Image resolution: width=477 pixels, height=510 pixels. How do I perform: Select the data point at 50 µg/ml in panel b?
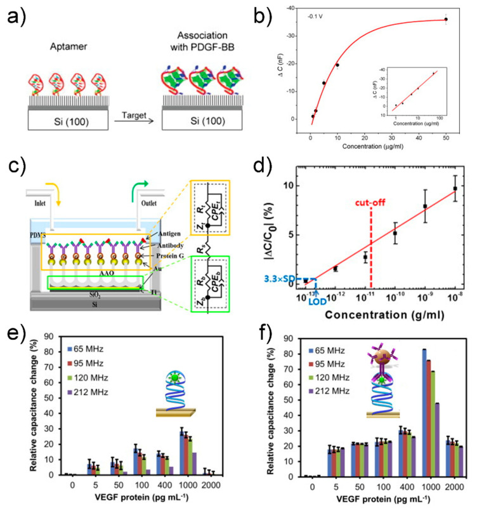[447, 19]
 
